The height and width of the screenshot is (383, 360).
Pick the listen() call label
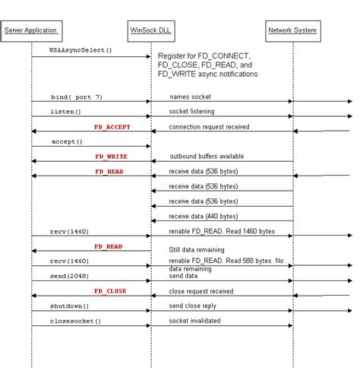click(65, 112)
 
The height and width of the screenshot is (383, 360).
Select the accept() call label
click(66, 141)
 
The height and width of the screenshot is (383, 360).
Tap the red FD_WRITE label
click(111, 157)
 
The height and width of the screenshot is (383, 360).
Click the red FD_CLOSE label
click(110, 290)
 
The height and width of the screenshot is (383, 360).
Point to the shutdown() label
click(70, 305)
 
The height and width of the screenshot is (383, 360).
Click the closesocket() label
click(75, 321)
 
